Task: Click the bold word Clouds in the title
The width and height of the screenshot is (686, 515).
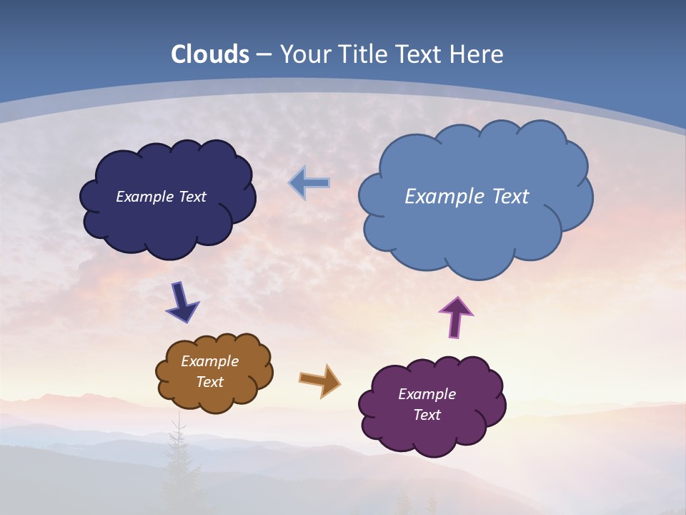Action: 210,54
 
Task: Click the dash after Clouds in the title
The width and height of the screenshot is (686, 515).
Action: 264,55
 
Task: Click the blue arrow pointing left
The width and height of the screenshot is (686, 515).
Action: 309,183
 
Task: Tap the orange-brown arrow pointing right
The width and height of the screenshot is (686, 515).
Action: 319,381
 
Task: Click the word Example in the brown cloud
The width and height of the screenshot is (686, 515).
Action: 209,361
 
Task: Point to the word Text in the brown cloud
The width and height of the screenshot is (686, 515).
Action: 209,382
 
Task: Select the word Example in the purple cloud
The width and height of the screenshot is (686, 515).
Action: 427,394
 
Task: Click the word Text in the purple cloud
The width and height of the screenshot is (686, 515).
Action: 427,415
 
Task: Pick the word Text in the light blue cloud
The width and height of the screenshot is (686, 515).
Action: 507,197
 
